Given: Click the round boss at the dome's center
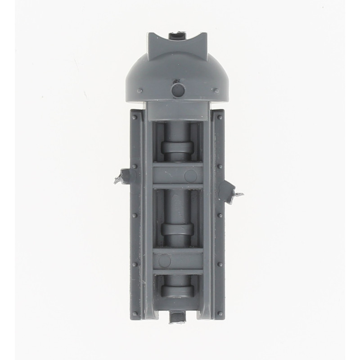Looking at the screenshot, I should coord(178,90).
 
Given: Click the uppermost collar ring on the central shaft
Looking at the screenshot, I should coord(177,148).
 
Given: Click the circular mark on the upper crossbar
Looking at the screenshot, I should coord(191,175).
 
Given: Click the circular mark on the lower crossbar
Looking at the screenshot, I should coord(165,261).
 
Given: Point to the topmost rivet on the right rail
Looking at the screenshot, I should coord(220,117).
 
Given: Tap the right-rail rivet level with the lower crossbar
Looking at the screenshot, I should coord(220,264).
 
